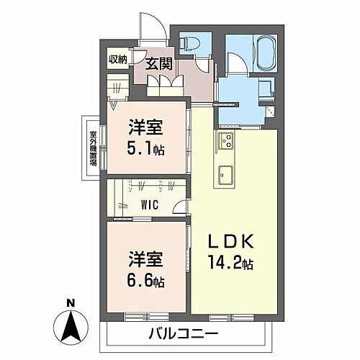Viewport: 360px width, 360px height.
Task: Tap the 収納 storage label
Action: click(x=118, y=60)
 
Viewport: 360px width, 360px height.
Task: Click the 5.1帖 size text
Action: click(x=145, y=152)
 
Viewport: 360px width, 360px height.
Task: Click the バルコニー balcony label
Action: click(x=183, y=334)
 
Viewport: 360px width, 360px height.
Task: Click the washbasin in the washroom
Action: click(x=265, y=92)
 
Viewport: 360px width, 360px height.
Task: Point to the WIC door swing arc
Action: click(x=176, y=210)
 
